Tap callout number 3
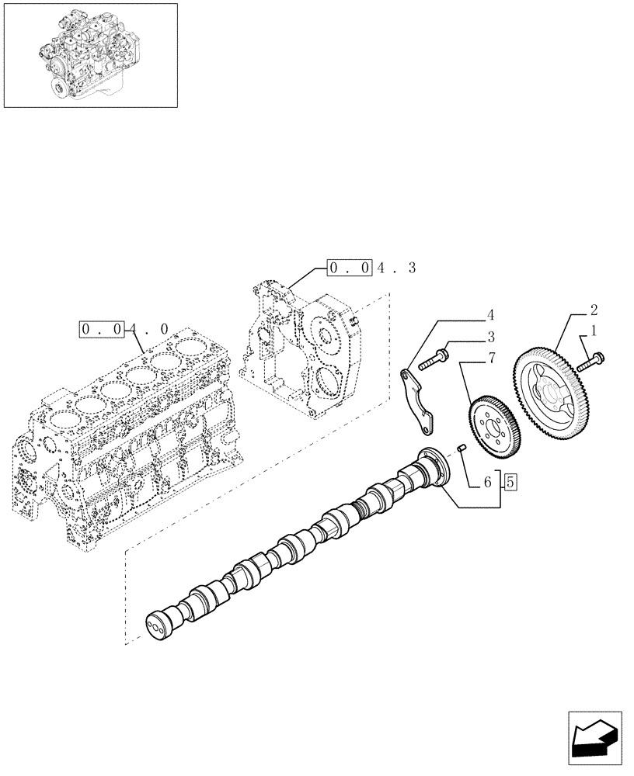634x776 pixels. click(x=490, y=337)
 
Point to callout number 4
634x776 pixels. click(x=490, y=315)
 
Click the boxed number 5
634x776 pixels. click(x=510, y=482)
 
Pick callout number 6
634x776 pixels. click(x=487, y=483)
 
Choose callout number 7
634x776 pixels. click(x=490, y=359)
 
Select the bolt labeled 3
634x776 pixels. click(x=433, y=360)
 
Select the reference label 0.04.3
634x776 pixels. click(x=372, y=268)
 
